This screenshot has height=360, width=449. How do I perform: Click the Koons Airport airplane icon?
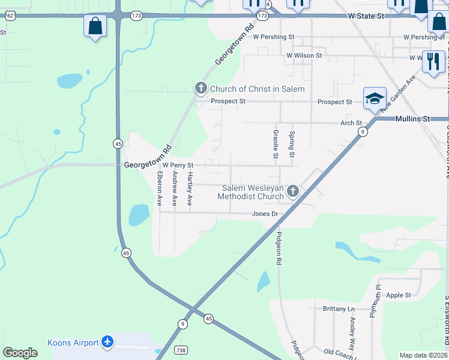[x=107, y=341]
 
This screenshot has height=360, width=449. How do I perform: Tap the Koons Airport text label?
[x=73, y=343]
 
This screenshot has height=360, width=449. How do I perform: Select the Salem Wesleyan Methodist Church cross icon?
[x=292, y=191]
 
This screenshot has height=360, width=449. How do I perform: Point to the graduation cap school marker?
[x=374, y=98]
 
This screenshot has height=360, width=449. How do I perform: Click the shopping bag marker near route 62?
[x=95, y=26]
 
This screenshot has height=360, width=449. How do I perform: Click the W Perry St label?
[x=178, y=165]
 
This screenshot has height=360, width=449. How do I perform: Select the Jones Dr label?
[x=265, y=214]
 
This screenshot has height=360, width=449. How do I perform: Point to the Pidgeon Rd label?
[x=279, y=249]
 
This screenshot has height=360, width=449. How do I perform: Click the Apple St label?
[x=399, y=295]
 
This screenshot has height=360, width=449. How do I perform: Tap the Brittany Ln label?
[x=339, y=309]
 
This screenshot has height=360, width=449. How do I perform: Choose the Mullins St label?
[x=414, y=119]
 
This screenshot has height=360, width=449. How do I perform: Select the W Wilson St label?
[x=304, y=55]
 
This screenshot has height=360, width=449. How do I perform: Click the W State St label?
[x=366, y=16]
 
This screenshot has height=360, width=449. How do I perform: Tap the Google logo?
[x=20, y=353]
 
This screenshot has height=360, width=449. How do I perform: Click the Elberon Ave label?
[x=160, y=189]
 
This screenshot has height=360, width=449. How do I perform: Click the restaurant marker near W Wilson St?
[x=432, y=61]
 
